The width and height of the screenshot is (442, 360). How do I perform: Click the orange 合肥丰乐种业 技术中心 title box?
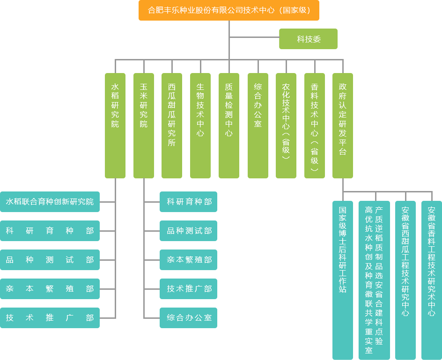(x=228, y=10)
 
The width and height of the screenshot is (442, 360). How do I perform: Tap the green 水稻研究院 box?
(x=115, y=125)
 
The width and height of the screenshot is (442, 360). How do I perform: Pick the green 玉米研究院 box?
(x=143, y=125)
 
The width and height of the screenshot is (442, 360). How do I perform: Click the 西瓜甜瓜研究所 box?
(x=171, y=125)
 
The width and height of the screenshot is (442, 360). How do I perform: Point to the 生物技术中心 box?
(x=200, y=125)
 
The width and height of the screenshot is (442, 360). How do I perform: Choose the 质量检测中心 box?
(x=228, y=125)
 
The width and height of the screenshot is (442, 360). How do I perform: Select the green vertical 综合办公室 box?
(x=258, y=125)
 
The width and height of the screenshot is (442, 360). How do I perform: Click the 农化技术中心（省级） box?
(x=286, y=125)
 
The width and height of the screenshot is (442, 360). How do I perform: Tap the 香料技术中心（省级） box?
(x=314, y=125)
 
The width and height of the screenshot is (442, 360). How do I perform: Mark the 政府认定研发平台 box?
(x=342, y=125)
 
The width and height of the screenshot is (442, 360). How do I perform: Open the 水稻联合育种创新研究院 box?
(x=50, y=202)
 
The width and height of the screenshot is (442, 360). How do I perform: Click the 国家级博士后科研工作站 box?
(x=342, y=279)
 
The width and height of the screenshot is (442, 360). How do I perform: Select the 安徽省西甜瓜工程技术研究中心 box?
(x=405, y=279)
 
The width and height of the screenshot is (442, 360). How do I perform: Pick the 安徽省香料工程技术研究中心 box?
(x=431, y=279)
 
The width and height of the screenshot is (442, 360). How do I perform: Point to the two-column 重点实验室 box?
(x=374, y=279)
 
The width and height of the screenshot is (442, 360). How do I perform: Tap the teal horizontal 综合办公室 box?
(x=188, y=318)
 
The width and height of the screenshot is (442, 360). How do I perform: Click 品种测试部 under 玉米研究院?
(x=188, y=231)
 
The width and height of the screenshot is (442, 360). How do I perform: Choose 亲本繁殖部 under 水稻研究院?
(x=50, y=289)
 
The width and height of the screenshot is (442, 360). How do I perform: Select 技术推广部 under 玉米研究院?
(x=188, y=289)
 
